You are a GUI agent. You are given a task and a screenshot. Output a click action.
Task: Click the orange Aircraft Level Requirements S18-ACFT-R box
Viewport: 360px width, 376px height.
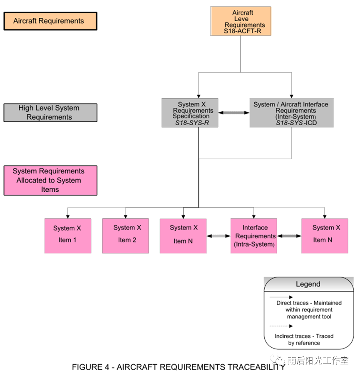pos(241,21)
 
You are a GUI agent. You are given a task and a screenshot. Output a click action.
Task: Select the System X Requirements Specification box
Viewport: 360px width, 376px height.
pos(190,113)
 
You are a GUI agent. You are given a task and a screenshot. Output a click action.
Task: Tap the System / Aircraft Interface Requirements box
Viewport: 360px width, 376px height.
pos(291,113)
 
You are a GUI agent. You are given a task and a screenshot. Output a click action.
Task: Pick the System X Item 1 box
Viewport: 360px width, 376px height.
pos(68,236)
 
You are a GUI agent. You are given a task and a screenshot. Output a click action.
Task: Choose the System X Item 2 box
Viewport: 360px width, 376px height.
pos(126,236)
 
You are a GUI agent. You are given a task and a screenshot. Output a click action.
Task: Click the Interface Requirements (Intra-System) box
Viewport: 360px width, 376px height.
pos(254,236)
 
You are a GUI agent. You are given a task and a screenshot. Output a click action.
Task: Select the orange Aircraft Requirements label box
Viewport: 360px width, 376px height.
pos(50,21)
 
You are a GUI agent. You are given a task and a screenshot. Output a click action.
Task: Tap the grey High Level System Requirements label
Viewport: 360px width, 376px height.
pos(50,113)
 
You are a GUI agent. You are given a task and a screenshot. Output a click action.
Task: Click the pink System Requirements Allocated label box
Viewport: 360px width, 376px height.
pos(50,181)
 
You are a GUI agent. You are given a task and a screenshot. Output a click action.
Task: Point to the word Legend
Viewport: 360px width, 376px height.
pos(308,284)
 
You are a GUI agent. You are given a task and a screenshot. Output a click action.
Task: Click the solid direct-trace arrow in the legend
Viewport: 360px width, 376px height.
pos(281,297)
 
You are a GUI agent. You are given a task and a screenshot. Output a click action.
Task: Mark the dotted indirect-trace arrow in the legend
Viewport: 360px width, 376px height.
pos(281,326)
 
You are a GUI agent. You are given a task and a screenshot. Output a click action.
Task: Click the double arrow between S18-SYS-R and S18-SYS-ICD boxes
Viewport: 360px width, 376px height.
pos(234,113)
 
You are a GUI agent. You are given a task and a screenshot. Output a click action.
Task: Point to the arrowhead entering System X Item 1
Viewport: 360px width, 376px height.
pos(68,217)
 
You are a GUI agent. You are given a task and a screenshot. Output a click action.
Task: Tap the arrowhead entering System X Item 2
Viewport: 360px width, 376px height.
pos(126,217)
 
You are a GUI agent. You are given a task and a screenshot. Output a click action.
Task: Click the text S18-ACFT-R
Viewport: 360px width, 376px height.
pos(242,31)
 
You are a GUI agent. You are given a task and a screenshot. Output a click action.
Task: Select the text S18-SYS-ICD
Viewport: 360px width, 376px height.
pos(296,123)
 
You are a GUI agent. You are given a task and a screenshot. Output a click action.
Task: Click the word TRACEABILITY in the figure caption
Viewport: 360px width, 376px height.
pos(256,367)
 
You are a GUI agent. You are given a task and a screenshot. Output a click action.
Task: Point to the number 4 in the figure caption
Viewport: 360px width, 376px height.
pos(107,367)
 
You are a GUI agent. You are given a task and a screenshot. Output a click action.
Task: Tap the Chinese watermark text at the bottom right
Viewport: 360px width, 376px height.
pos(318,361)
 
